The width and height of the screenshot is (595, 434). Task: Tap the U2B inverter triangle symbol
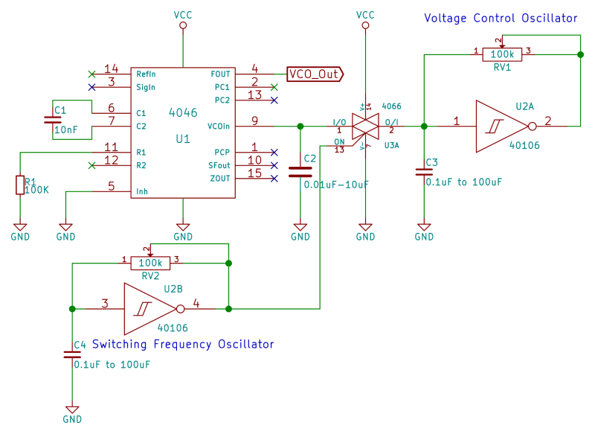click(x=149, y=308)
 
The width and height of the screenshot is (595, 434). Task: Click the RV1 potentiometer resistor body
click(x=502, y=54)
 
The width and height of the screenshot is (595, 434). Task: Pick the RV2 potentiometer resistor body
click(x=150, y=263)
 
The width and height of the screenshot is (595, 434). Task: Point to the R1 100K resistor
click(x=20, y=185)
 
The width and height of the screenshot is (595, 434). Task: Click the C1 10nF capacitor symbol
click(x=54, y=120)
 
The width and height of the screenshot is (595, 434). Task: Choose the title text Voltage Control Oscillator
click(x=500, y=18)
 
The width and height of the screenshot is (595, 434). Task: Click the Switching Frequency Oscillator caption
click(x=182, y=344)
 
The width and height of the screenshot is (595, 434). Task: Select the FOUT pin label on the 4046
click(x=221, y=74)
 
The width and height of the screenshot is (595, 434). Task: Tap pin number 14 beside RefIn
click(x=112, y=68)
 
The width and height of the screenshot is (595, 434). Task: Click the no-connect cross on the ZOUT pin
click(x=274, y=179)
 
